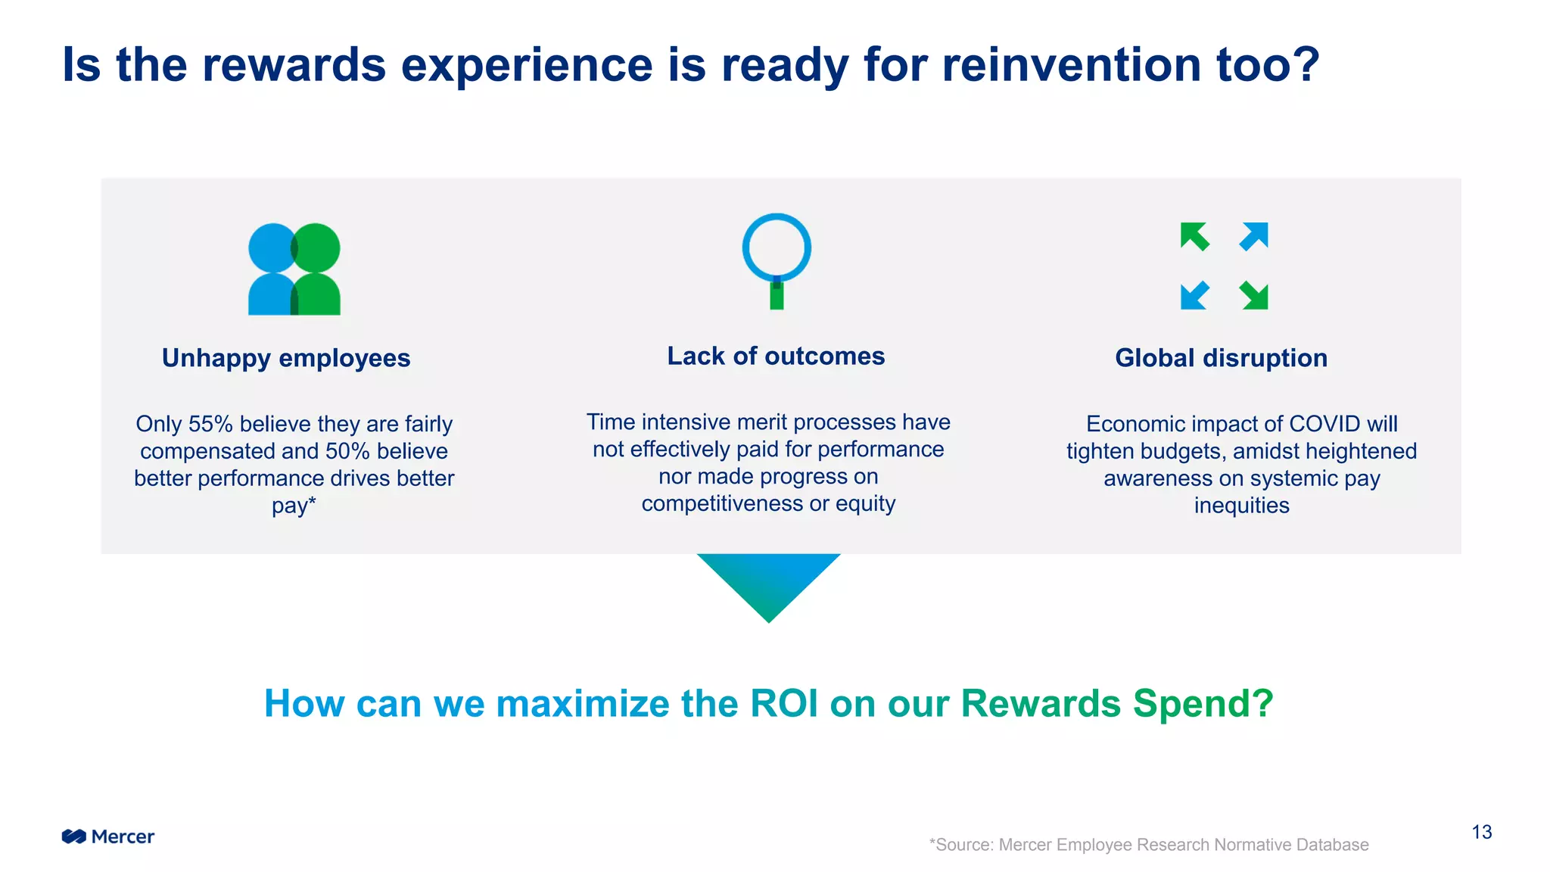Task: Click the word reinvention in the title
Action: (1072, 65)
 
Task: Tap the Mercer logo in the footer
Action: (108, 836)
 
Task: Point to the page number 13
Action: (1481, 833)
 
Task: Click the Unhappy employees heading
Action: (286, 358)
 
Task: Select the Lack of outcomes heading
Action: (776, 356)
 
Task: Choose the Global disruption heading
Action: (1221, 358)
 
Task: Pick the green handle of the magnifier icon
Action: (777, 297)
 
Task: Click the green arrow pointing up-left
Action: (1194, 236)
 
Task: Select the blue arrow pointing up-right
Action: (1254, 236)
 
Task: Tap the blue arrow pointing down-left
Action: (1194, 295)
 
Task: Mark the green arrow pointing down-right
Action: (1254, 295)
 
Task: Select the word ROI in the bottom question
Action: (783, 703)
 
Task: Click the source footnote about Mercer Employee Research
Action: (1149, 845)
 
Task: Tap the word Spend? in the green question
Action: (1203, 703)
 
